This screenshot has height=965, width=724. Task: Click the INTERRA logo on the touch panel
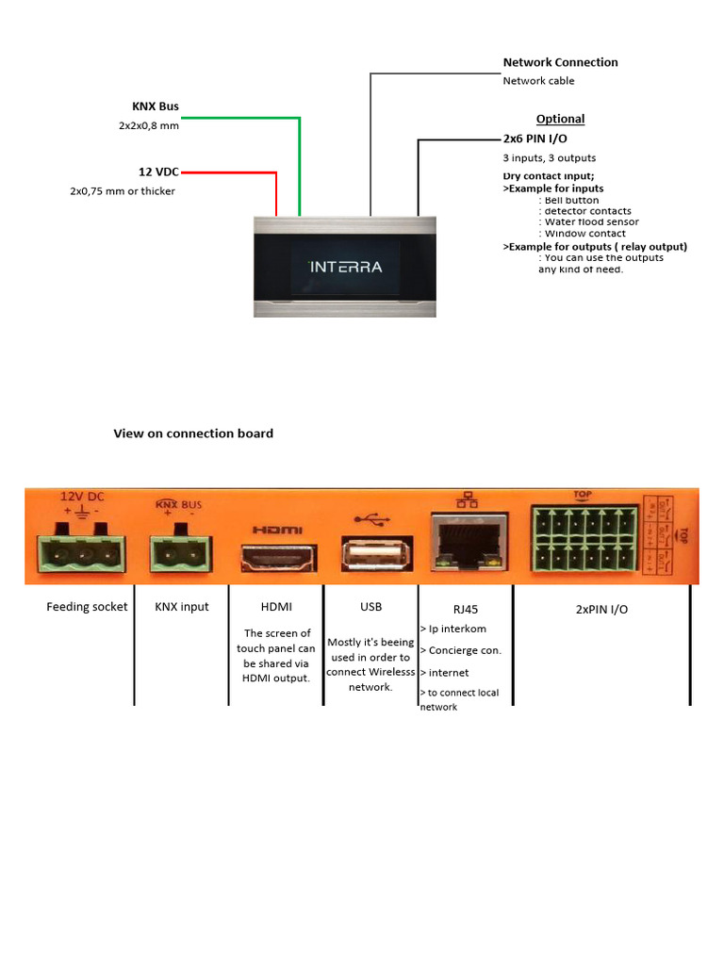[x=345, y=267]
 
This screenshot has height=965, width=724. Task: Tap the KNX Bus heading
[x=155, y=106]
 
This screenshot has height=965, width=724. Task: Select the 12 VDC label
[x=158, y=172]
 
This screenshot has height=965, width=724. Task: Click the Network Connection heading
[x=560, y=62]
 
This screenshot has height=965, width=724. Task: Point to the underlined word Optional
[x=560, y=119]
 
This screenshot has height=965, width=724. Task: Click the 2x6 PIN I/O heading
[x=535, y=139]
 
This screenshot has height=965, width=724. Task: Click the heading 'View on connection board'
[x=193, y=433]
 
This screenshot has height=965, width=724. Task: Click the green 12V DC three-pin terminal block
[x=82, y=553]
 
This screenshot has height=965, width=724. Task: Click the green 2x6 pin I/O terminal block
[x=584, y=539]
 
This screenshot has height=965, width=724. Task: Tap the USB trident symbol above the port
[x=370, y=518]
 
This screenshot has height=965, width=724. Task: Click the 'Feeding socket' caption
[x=87, y=607]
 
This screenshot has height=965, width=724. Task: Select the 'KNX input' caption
[x=182, y=607]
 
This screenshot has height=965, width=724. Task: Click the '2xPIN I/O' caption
[x=601, y=609]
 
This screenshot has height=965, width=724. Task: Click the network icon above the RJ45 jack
[x=467, y=501]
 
